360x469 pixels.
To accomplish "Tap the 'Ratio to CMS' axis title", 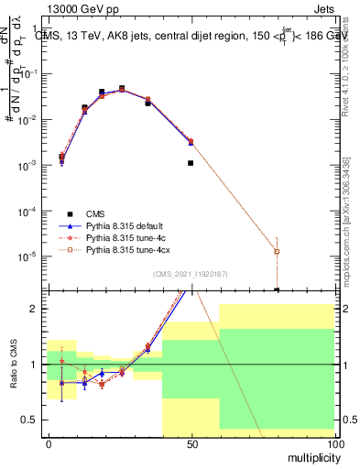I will (x=14, y=364).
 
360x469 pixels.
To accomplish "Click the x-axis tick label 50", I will (x=191, y=443).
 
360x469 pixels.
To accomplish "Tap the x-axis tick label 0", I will (x=49, y=443).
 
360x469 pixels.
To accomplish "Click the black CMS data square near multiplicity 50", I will (x=191, y=163).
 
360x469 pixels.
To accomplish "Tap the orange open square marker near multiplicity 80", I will (x=277, y=251).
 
